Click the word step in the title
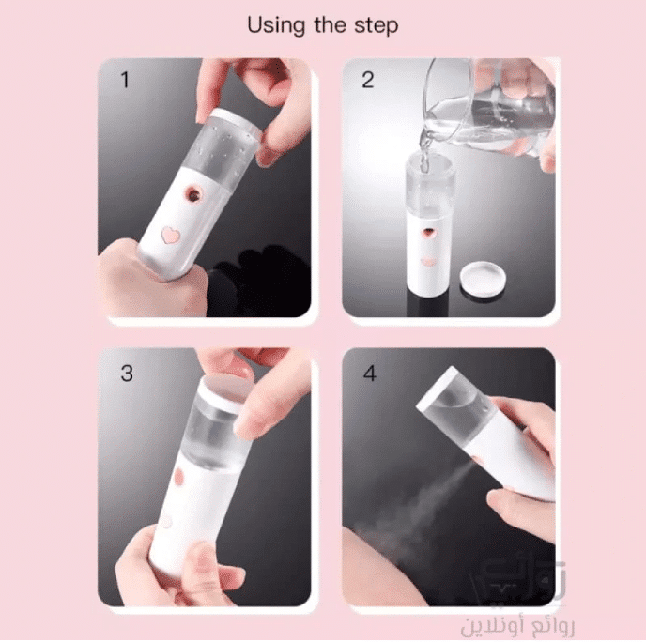pyautogui.click(x=377, y=26)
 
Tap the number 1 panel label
pyautogui.click(x=124, y=79)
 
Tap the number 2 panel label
pyautogui.click(x=367, y=79)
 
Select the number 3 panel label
pyautogui.click(x=127, y=373)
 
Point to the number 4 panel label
pyautogui.click(x=369, y=374)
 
